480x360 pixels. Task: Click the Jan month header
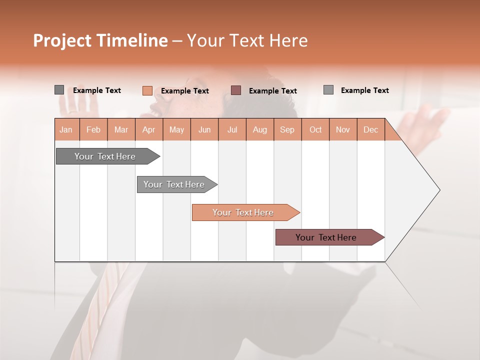66,129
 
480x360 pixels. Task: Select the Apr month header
149,129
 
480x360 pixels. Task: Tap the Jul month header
232,129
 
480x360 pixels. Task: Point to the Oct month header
315,129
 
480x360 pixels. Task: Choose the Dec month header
370,129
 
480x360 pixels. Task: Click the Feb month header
93,129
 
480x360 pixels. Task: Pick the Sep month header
287,129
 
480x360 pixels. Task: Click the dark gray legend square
59,90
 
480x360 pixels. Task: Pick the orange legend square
147,90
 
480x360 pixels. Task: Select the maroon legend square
236,90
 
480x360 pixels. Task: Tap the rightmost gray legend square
328,89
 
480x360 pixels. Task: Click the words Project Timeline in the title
100,40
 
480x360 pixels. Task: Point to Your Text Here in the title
247,40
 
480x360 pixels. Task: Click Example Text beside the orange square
184,90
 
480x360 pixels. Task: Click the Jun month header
204,129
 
